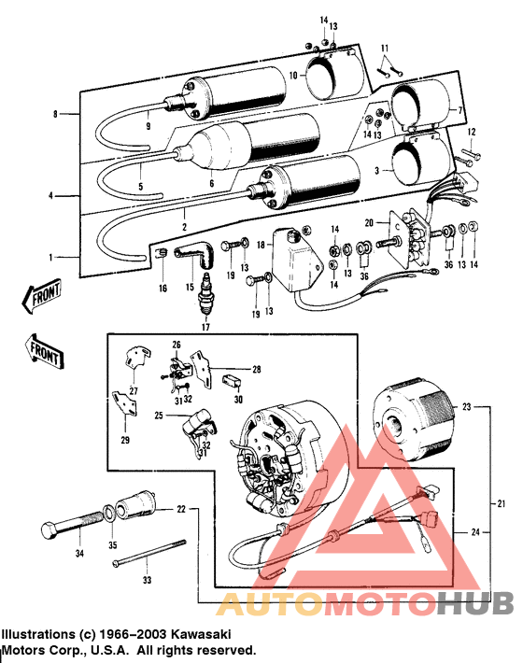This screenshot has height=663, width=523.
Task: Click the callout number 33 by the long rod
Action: coord(146,580)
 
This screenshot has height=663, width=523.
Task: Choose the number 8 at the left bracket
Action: coord(55,113)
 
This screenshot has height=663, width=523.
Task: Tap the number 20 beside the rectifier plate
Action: coord(370,222)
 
